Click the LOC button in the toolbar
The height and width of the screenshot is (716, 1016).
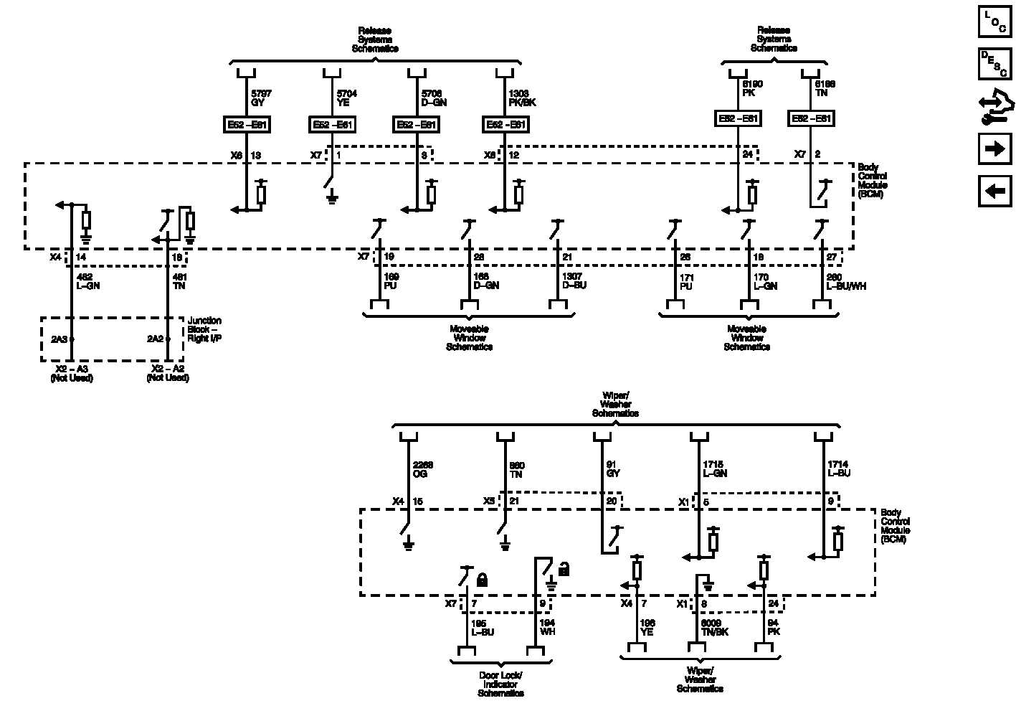(x=994, y=22)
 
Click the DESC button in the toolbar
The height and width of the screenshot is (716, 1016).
(x=994, y=64)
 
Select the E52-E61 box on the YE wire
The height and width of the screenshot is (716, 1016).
(x=331, y=124)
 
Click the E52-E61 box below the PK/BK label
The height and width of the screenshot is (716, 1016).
(x=505, y=124)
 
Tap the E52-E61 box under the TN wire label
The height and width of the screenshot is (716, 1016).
(x=811, y=118)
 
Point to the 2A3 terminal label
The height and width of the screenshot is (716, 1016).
(x=59, y=339)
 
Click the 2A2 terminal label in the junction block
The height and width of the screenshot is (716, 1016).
(x=155, y=339)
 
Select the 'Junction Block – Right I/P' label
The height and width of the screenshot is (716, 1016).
(x=204, y=329)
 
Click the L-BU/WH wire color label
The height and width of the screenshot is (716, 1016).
(x=846, y=286)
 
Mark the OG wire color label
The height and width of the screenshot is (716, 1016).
(x=419, y=474)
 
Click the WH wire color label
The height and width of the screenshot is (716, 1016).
(x=547, y=631)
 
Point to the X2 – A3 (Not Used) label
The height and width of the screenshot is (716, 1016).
(x=71, y=373)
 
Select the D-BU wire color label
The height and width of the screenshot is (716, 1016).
(x=574, y=286)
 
